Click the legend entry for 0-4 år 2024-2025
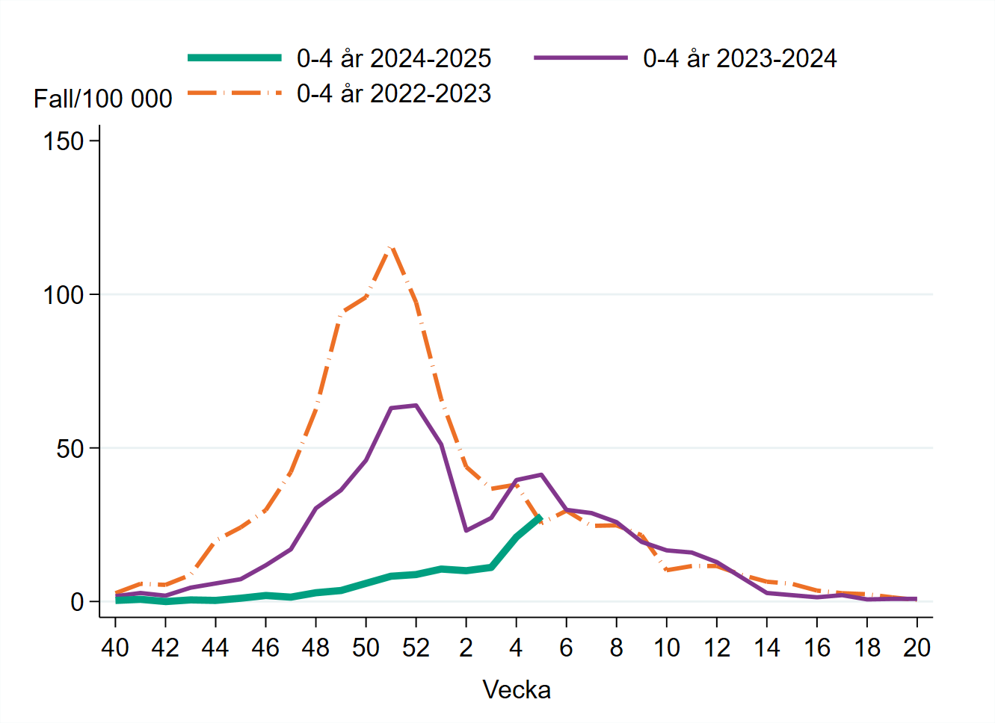point(393,58)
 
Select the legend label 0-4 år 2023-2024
point(739,58)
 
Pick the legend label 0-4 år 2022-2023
point(393,93)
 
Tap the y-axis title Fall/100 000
point(102,99)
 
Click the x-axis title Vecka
point(517,689)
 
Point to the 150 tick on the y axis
point(64,141)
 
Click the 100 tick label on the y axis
point(64,295)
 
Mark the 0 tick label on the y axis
point(77,602)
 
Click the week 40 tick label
point(115,648)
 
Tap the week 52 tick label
point(416,648)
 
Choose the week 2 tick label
point(466,648)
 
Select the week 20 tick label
point(917,648)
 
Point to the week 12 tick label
point(716,648)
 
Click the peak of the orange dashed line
point(391,247)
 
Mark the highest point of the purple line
point(416,406)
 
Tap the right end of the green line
point(540,517)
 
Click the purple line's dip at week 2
point(466,530)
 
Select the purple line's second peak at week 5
point(541,474)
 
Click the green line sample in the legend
point(235,58)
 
